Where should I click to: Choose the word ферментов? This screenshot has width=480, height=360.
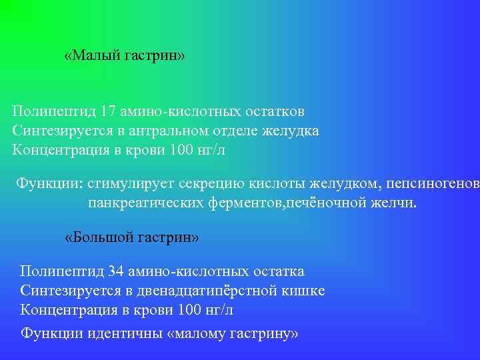tap(244, 203)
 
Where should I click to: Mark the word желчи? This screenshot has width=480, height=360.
tap(393, 203)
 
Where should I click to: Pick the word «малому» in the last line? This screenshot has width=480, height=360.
tap(200, 333)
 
